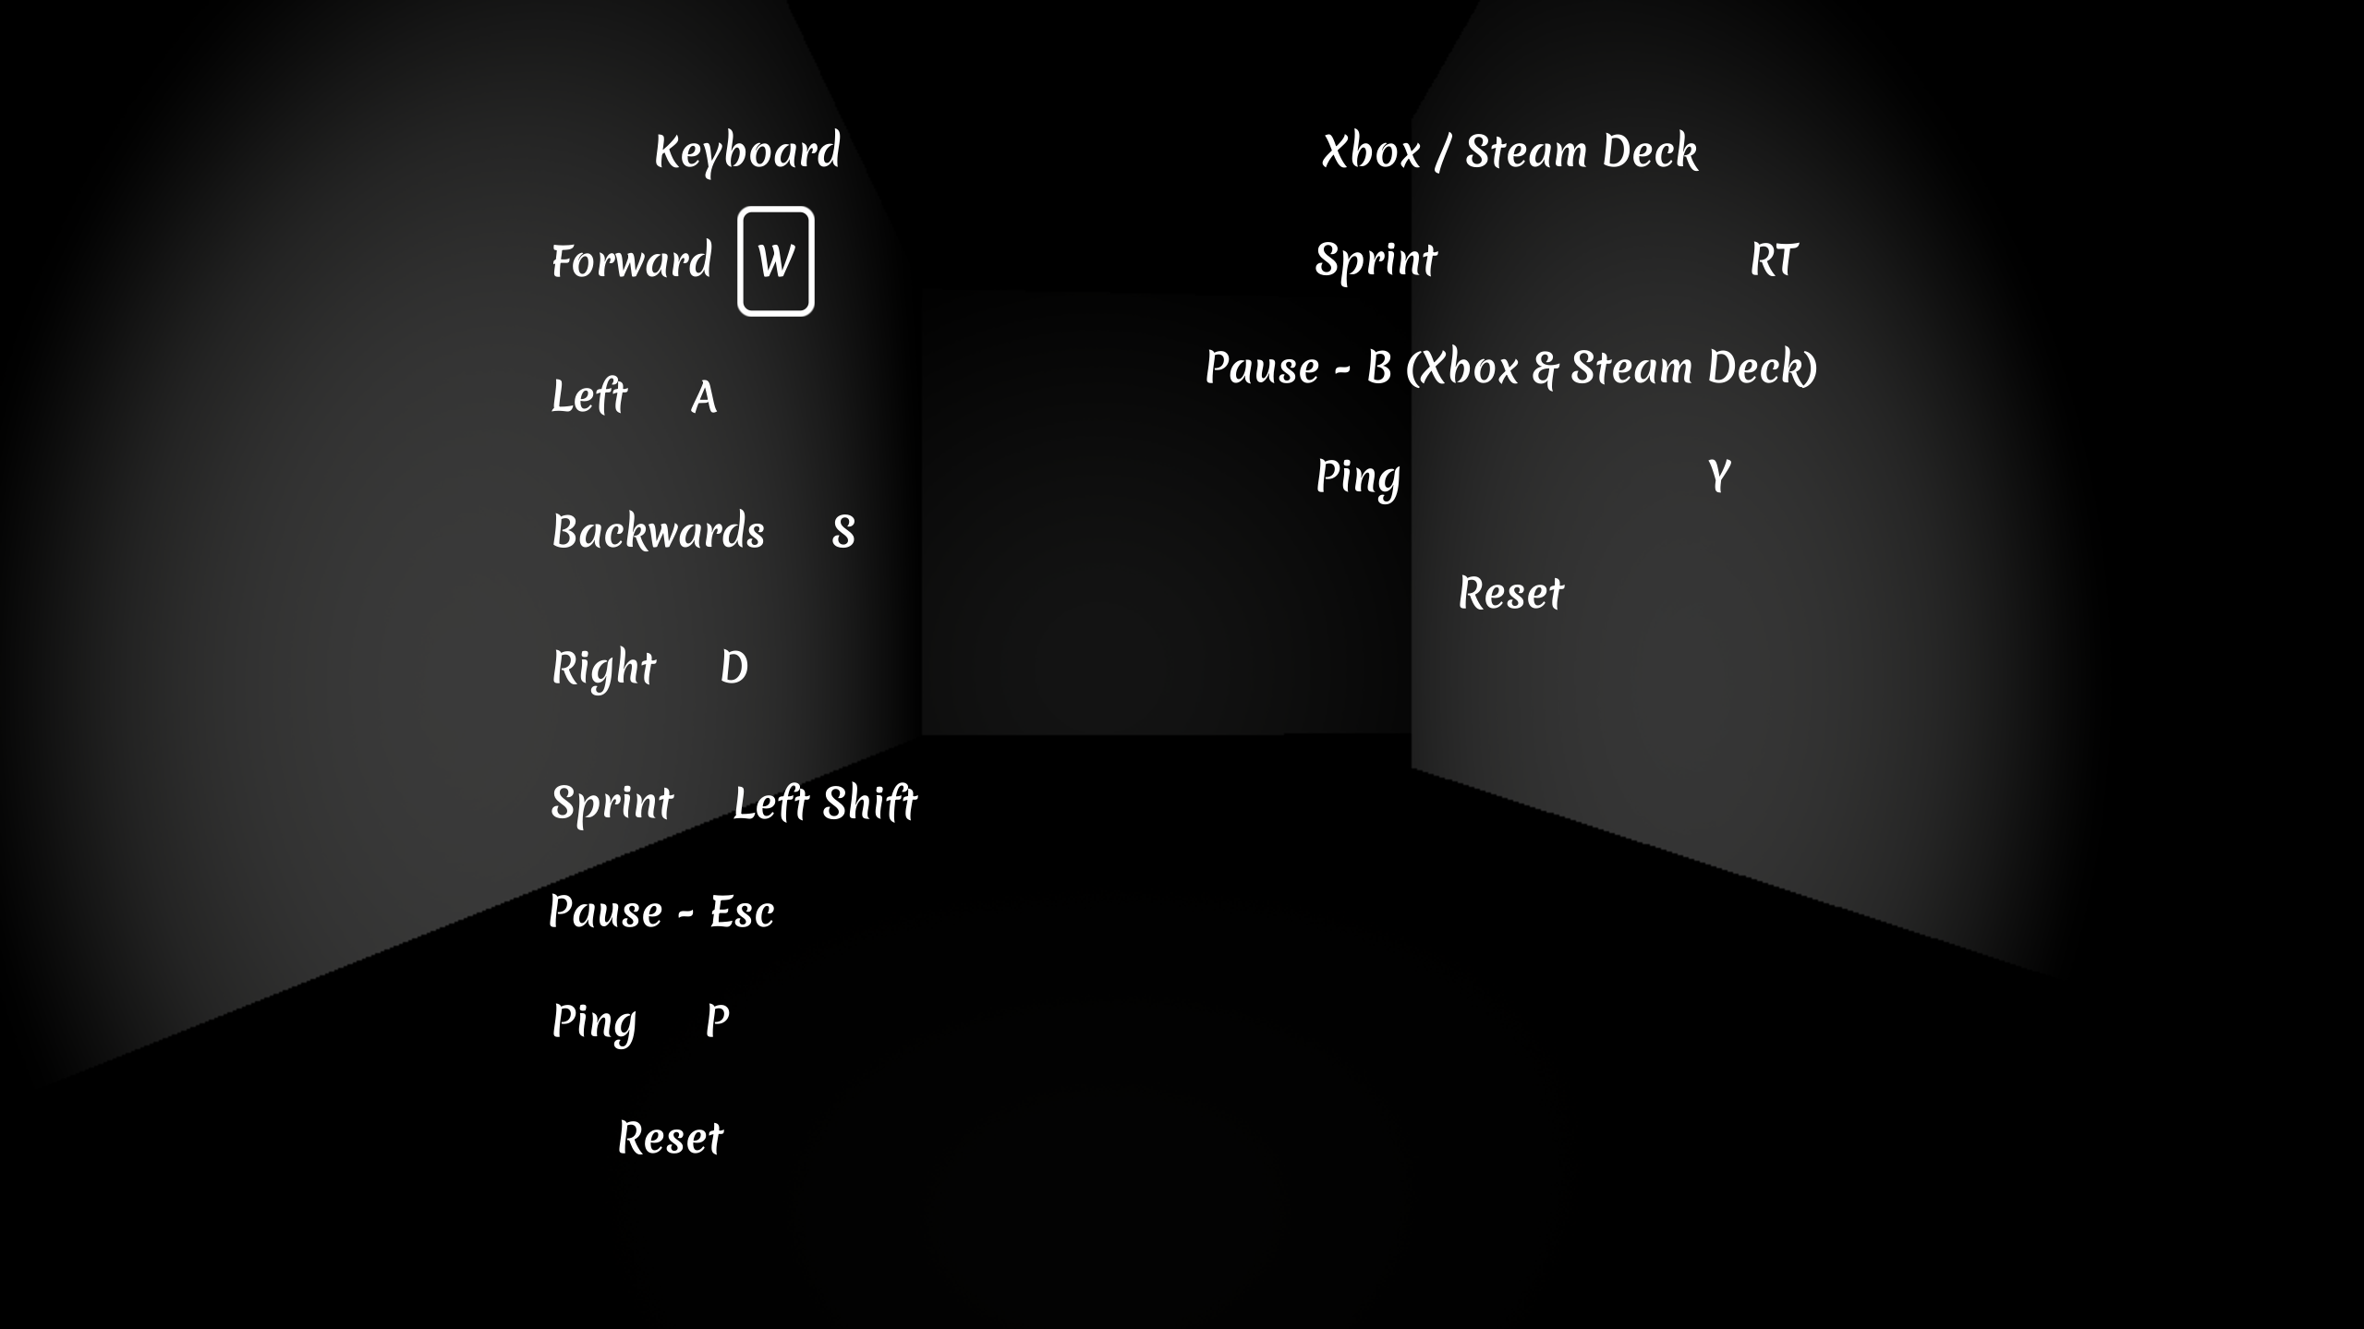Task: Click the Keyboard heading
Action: coord(747,151)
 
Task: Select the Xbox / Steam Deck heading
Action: coord(1509,151)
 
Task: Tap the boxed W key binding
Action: coord(776,261)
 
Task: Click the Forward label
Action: coord(632,261)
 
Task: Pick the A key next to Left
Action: coord(704,398)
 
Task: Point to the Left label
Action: coord(589,396)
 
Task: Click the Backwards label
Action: coord(658,532)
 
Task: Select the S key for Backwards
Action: coord(843,533)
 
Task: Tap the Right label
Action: coord(603,669)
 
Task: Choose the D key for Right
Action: coord(733,668)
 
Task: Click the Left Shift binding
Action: coord(825,803)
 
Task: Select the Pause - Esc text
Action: coord(661,912)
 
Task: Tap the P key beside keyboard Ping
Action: coord(717,1022)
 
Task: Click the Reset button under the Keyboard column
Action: coord(671,1139)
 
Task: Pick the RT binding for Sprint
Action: coord(1774,260)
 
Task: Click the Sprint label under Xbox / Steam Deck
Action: coord(1376,260)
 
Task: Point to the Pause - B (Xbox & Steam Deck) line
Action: coord(1511,368)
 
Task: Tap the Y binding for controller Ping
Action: coord(1718,477)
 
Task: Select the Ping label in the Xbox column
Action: coord(1358,478)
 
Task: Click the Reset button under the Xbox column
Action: coord(1511,594)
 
